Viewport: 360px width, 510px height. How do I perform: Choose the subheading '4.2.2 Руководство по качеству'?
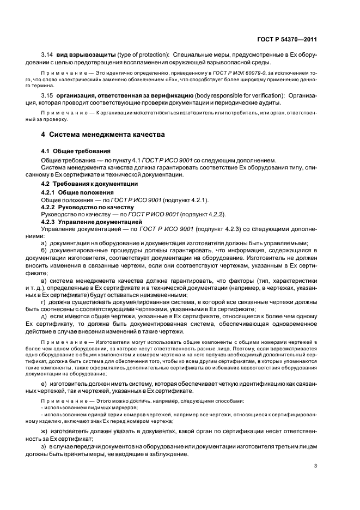[x=87, y=208]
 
